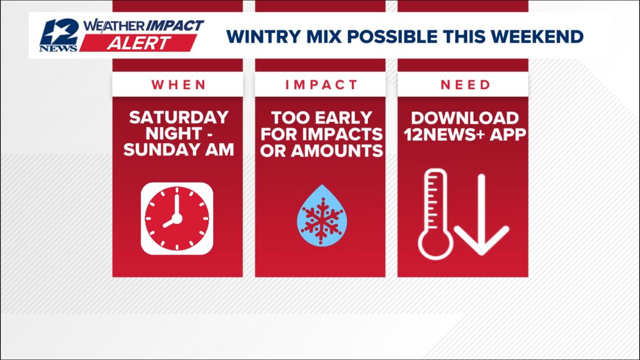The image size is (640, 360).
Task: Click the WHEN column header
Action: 177,85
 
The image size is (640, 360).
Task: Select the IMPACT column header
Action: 321,85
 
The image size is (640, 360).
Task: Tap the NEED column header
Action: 465,85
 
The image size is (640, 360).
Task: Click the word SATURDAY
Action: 178,117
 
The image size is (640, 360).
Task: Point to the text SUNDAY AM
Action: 178,150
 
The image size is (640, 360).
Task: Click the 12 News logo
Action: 58,36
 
